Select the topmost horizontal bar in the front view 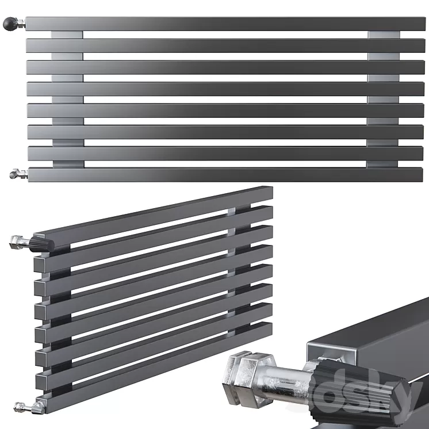coord(224,24)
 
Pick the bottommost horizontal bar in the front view coord(224,175)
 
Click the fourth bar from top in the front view coord(224,89)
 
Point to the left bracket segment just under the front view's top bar coord(67,35)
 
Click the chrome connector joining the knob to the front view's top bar coord(21,24)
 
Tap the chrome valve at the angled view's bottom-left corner coord(25,408)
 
